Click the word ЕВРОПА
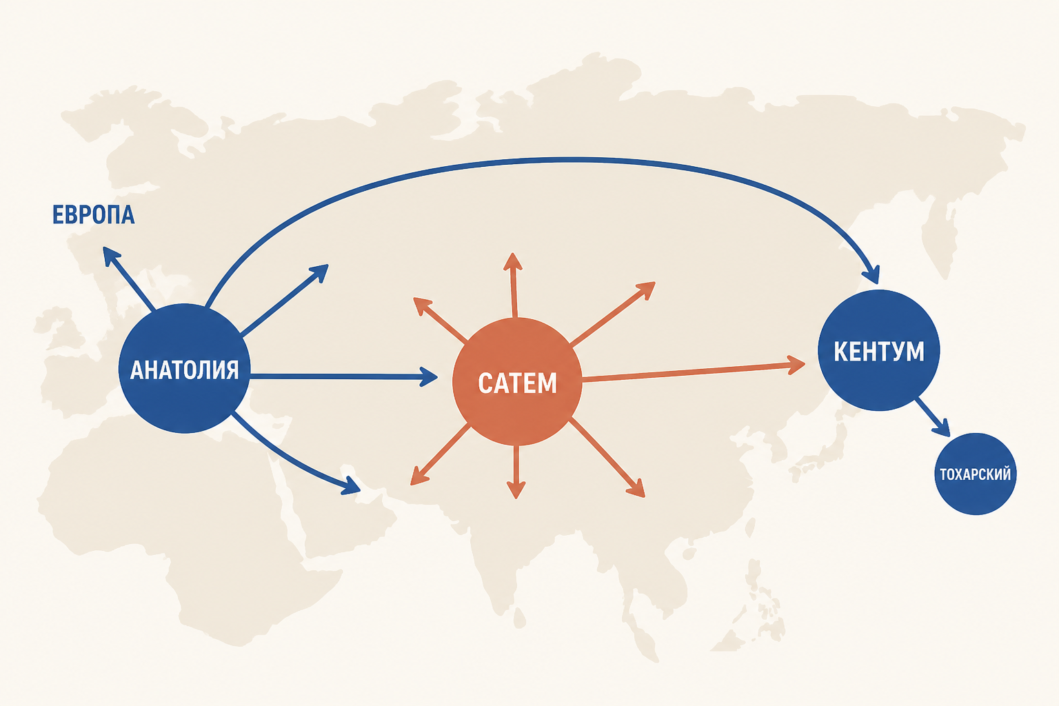click(93, 214)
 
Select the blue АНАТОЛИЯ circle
click(184, 368)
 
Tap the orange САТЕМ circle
click(517, 381)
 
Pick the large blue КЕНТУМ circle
click(879, 350)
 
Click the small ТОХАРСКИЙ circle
click(976, 474)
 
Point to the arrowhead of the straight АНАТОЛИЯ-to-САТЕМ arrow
click(428, 377)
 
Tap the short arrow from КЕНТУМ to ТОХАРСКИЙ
click(932, 417)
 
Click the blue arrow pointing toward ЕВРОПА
click(129, 279)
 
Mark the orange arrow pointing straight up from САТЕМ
click(514, 285)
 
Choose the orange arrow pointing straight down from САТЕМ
click(516, 472)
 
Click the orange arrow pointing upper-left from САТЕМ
click(440, 319)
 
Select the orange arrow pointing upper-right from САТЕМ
click(613, 314)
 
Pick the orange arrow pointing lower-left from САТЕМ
click(440, 454)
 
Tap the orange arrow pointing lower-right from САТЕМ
click(607, 458)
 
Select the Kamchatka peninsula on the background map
click(938, 236)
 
